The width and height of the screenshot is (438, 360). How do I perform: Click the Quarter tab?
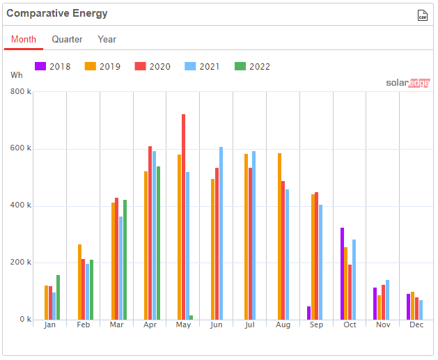67,40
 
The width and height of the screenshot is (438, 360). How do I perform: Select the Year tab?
107,40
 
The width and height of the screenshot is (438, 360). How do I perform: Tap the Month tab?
24,40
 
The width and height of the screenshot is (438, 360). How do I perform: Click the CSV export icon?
422,15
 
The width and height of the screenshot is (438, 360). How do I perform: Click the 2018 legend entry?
54,67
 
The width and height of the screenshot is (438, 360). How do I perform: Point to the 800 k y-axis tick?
21,92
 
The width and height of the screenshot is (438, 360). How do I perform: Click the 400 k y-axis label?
21,205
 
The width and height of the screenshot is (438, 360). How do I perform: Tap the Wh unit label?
17,75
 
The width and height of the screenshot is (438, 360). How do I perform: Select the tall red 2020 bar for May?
183,217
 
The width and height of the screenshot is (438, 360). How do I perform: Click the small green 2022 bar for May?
191,318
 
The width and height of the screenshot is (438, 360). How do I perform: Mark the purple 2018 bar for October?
342,274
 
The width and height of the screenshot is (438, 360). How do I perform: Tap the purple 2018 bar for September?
308,313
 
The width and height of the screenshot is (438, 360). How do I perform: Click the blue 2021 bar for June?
221,233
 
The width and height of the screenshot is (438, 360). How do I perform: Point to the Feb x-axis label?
83,325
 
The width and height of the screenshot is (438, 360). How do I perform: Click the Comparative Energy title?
56,14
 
